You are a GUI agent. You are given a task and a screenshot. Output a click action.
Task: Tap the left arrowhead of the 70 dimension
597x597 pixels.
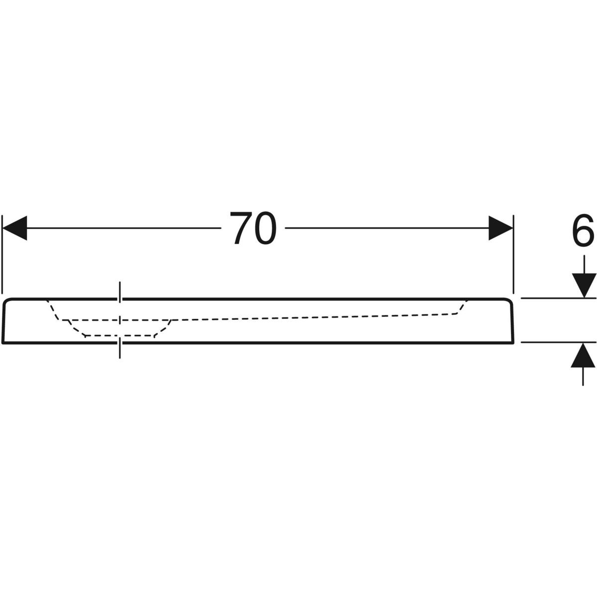tap(14, 228)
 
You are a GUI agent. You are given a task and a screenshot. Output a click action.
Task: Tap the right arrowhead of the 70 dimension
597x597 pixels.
tap(500, 228)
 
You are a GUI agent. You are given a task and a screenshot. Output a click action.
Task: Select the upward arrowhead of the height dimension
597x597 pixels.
tap(583, 355)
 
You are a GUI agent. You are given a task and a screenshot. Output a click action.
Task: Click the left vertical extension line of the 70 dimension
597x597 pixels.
tap(2, 254)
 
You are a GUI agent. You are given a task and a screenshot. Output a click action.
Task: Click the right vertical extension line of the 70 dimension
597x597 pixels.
tap(513, 254)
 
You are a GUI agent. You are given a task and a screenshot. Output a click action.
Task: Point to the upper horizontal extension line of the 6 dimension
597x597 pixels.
tap(559, 298)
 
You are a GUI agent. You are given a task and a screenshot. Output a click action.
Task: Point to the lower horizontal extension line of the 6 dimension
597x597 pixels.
tap(559, 342)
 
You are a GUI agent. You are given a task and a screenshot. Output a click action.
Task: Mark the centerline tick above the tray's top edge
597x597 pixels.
tap(120, 292)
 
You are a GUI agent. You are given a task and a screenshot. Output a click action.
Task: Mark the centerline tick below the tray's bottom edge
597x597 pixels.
tap(120, 349)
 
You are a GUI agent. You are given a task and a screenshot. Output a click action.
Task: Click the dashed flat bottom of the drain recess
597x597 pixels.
tap(119, 335)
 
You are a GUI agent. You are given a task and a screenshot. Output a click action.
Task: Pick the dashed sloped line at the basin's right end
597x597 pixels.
tap(461, 307)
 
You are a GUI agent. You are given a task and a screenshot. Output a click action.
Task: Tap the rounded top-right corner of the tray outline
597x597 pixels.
tap(508, 301)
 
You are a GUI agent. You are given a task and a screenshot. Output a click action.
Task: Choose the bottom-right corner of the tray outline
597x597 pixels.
tap(513, 342)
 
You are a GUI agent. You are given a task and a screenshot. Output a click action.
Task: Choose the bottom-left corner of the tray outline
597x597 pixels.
tap(3, 342)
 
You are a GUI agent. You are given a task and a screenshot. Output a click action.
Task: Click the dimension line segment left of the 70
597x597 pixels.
tap(124, 228)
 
